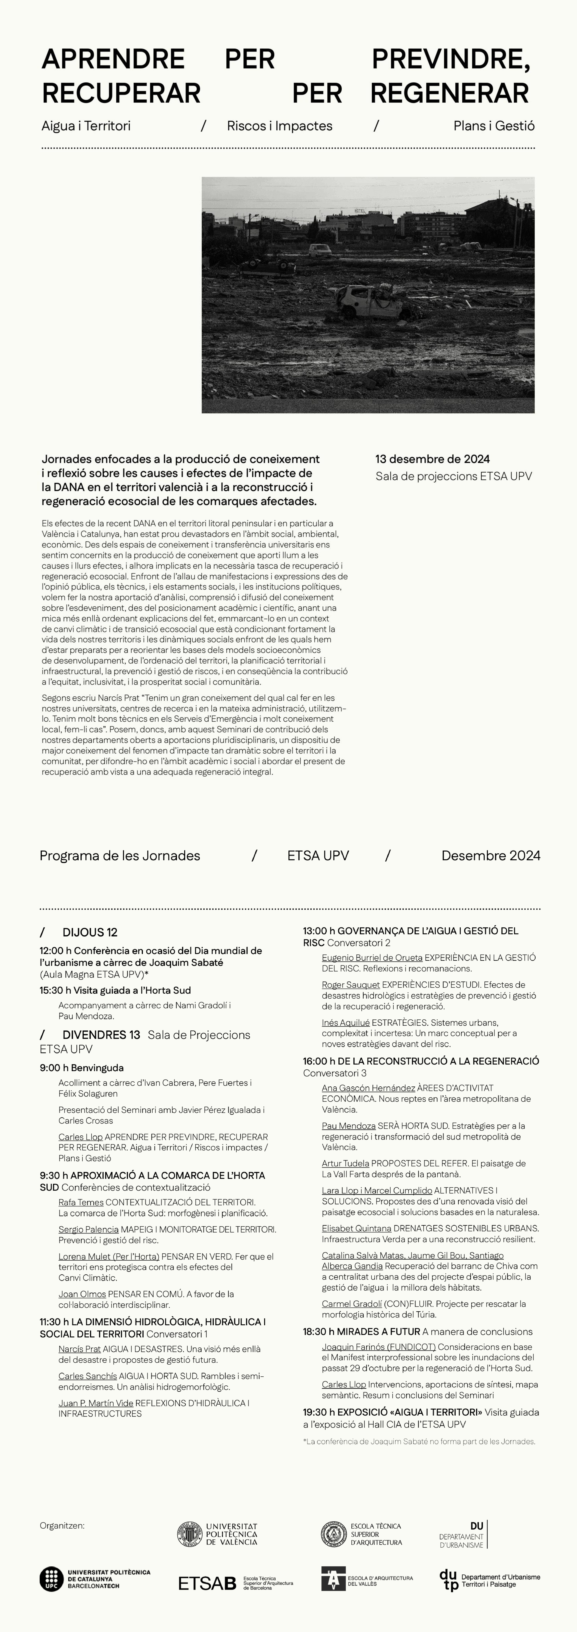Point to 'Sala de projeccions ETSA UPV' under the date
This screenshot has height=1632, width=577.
click(454, 476)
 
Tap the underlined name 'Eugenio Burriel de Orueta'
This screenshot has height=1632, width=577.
click(372, 958)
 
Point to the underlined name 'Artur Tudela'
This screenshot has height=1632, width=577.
click(345, 1164)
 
